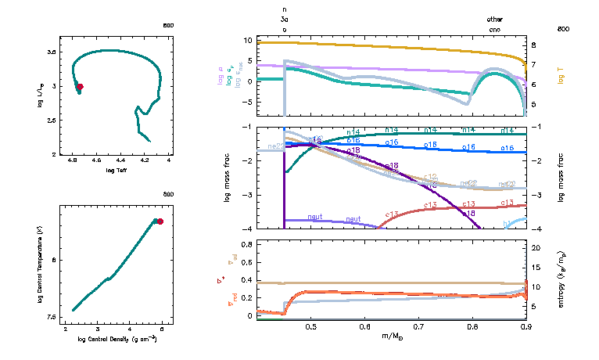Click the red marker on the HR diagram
coord(80,87)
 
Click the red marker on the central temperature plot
coord(160,221)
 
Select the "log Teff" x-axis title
coord(116,170)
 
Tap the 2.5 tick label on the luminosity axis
coord(52,121)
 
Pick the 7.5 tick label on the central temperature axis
coord(52,317)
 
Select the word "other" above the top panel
coord(495,19)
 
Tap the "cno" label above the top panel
coord(495,29)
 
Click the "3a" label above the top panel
coord(285,20)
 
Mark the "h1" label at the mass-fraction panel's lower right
coord(508,225)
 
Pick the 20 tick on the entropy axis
coord(536,247)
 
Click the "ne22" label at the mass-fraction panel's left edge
coord(275,146)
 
